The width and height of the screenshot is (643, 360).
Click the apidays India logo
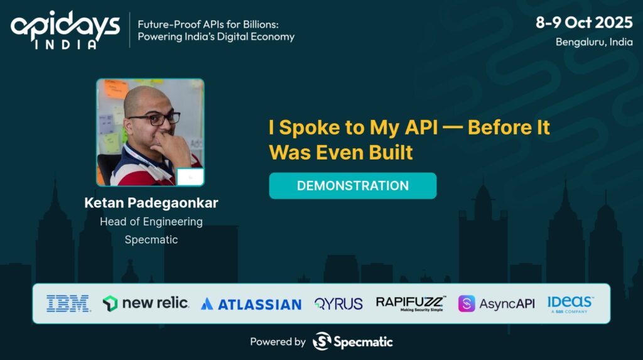click(65, 30)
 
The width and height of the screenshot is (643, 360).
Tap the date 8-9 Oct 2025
click(584, 22)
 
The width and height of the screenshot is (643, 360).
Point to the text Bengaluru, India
click(594, 42)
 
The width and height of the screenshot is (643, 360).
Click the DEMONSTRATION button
click(353, 185)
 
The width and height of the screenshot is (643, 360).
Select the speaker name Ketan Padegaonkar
click(151, 203)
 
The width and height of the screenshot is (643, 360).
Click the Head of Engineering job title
click(151, 222)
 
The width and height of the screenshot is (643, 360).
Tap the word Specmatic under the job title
click(151, 240)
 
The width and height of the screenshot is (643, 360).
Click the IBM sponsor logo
click(68, 303)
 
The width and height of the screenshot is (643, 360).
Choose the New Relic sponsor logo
click(146, 303)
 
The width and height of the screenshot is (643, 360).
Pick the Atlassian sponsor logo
click(251, 304)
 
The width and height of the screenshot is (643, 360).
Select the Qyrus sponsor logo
click(338, 303)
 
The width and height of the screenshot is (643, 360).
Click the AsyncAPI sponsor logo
click(496, 303)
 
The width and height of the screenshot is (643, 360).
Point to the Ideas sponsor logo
click(570, 304)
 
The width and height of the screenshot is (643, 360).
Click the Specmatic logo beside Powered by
click(353, 341)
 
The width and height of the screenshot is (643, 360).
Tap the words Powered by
click(278, 342)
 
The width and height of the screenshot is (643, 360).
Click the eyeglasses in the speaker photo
click(154, 119)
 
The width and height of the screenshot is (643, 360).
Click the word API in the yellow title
click(421, 128)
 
